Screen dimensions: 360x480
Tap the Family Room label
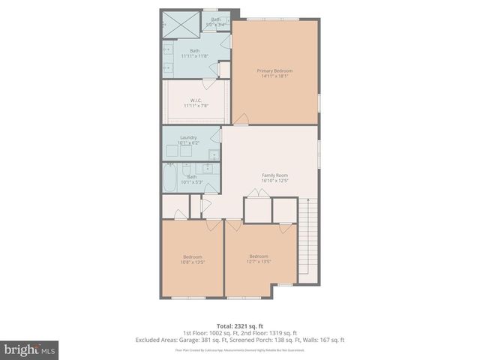tap(274, 175)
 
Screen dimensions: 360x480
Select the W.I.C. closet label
tap(195, 100)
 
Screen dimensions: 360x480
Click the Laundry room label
tap(188, 138)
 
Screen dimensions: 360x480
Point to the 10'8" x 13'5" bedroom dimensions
tap(193, 262)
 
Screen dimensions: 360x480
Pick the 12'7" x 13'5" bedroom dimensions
tap(259, 262)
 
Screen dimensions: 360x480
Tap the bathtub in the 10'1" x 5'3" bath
tap(171, 181)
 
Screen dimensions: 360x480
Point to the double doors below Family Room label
tap(259, 193)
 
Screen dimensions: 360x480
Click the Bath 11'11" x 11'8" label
tap(194, 53)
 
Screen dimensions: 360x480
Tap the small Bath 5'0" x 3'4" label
tap(216, 22)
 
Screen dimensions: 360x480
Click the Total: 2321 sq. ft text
tap(240, 325)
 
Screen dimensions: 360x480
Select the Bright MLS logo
tap(30, 350)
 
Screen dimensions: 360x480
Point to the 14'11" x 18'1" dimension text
tap(274, 76)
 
